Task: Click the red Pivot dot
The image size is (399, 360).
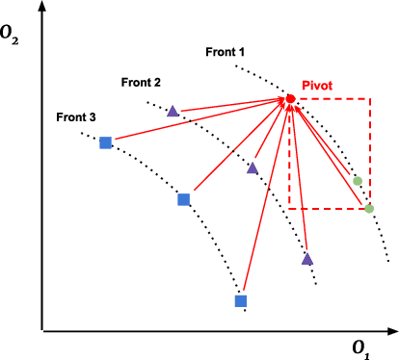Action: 290,99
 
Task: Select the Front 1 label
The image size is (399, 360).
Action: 226,50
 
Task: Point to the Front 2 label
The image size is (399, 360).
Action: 141,83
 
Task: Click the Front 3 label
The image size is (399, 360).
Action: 75,117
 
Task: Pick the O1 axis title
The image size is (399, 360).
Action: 359,346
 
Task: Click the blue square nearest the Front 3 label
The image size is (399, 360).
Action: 106,142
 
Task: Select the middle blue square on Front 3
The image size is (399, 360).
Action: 183,199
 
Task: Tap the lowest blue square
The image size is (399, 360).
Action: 241,301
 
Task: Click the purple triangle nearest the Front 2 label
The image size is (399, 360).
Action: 173,112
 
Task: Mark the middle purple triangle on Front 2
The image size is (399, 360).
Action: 253,168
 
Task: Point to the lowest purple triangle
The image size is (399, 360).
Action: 306,258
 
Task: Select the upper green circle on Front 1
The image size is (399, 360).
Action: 358,180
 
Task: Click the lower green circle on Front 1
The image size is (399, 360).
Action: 368,208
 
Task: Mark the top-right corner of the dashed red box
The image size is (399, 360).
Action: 368,98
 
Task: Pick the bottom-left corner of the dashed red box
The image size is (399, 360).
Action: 289,208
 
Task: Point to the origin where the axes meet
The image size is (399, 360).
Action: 41,330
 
